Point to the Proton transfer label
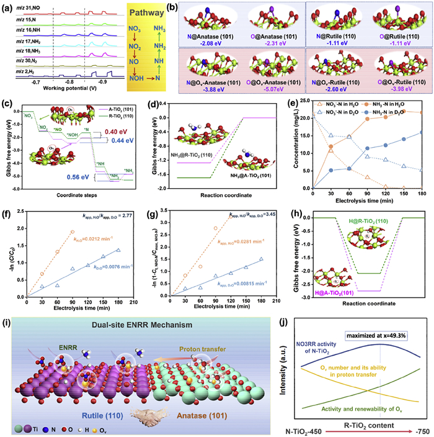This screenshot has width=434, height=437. (230, 340)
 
